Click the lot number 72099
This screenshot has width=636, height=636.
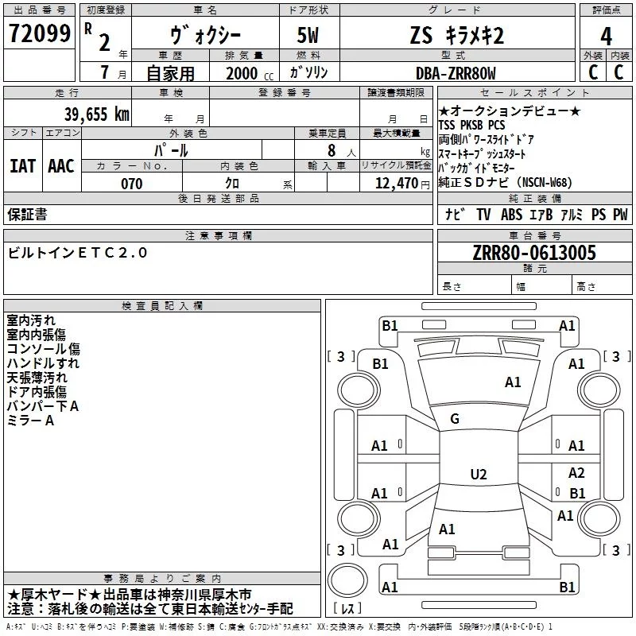(40, 33)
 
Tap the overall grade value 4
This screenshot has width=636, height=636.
(606, 37)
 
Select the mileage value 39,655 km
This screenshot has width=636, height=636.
(97, 114)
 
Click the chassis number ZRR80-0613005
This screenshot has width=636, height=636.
(534, 253)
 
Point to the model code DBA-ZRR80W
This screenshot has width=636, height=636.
(456, 73)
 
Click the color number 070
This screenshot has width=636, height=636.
(132, 184)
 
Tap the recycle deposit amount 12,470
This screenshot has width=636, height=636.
(396, 184)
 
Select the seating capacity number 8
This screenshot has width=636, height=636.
(332, 150)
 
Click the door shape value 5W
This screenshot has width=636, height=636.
(308, 35)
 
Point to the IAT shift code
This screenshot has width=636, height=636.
(23, 166)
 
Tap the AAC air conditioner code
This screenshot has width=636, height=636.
(61, 166)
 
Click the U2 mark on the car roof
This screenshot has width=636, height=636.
(479, 474)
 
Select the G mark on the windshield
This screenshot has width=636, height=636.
(455, 419)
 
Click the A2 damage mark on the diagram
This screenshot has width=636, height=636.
(576, 472)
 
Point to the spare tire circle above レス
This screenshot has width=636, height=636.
(347, 580)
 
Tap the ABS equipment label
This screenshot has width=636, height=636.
(511, 214)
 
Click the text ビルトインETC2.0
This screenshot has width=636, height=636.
(77, 253)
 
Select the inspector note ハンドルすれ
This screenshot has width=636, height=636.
(43, 363)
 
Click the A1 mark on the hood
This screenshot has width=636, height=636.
(513, 382)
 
